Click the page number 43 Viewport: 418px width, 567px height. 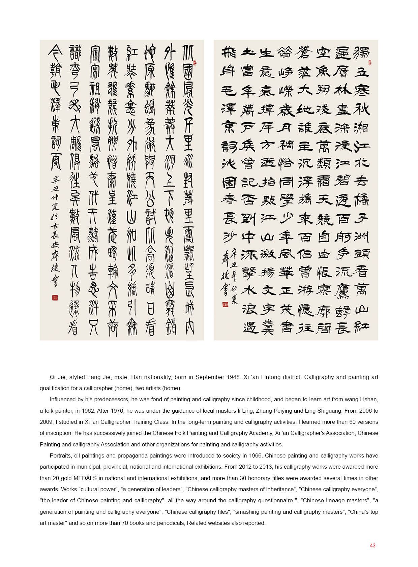372,545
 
